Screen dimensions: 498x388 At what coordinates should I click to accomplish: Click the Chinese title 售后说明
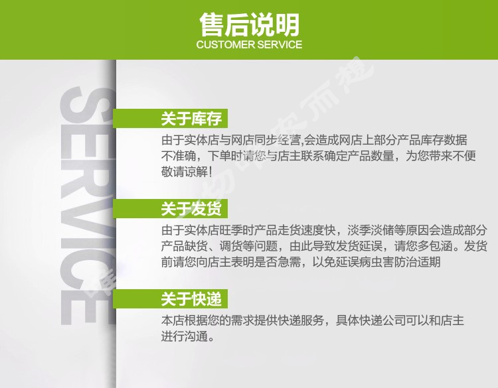click(x=249, y=25)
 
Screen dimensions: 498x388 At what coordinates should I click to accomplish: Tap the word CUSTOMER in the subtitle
click(x=226, y=44)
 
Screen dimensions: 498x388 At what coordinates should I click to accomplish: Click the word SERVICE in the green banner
click(x=280, y=44)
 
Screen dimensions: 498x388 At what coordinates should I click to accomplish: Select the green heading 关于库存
click(x=191, y=119)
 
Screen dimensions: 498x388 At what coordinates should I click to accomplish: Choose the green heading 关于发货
click(x=191, y=209)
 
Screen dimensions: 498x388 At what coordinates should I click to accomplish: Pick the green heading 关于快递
click(x=191, y=299)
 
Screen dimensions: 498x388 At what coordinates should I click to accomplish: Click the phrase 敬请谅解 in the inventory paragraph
click(x=184, y=172)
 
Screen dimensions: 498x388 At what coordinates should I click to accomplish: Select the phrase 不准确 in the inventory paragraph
click(x=179, y=156)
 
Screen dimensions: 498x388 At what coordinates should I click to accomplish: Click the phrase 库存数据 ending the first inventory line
click(x=444, y=140)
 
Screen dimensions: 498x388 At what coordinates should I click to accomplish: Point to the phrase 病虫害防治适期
click(x=400, y=262)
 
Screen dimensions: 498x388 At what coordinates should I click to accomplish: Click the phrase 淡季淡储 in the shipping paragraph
click(x=371, y=230)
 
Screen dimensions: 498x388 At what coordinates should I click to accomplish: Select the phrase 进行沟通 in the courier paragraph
click(x=184, y=336)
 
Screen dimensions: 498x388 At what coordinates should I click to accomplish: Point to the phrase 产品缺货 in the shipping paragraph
click(x=184, y=246)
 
